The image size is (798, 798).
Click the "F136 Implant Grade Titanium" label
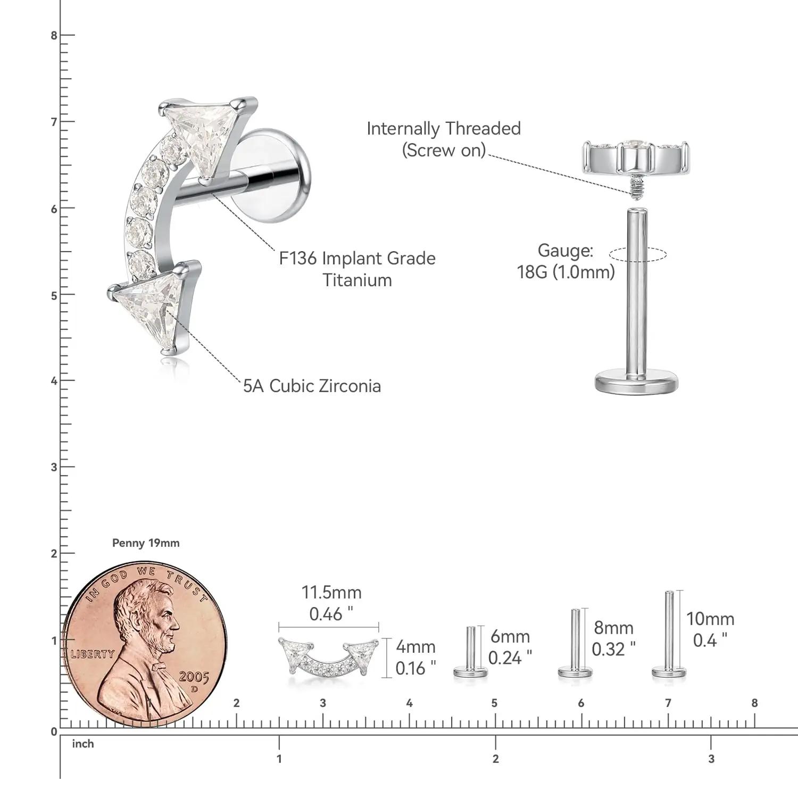[x=358, y=269]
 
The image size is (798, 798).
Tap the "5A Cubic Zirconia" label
[x=312, y=386]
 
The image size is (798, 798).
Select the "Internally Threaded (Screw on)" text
[x=444, y=139]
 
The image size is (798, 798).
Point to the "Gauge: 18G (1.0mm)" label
[x=566, y=261]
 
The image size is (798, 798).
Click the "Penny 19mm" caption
[x=146, y=543]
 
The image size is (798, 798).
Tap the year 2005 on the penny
[x=194, y=677]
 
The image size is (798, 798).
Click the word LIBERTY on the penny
[x=93, y=654]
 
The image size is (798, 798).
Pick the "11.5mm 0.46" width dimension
[x=331, y=603]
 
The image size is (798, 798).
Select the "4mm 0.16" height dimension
[x=415, y=658]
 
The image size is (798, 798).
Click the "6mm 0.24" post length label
[x=510, y=647]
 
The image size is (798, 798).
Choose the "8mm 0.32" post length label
[x=613, y=638]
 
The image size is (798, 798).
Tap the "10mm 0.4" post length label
[x=710, y=629]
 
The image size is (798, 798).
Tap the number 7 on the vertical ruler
[x=54, y=122]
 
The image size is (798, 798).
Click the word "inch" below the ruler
[x=83, y=744]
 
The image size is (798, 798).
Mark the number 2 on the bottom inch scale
[x=496, y=759]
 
